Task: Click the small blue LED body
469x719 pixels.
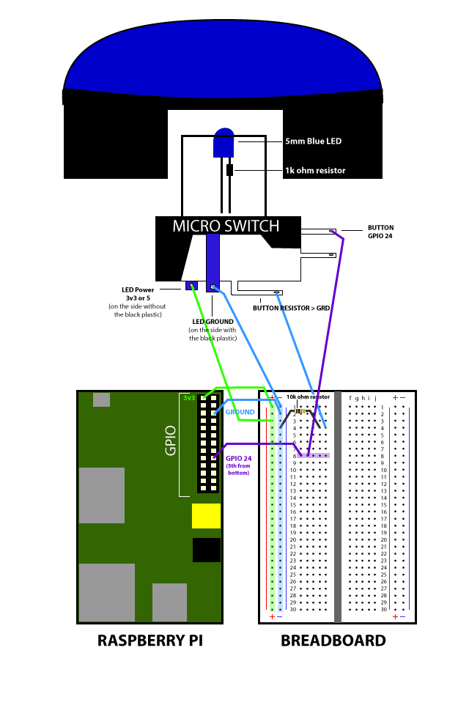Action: (x=224, y=144)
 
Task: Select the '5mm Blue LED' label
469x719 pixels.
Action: (x=313, y=141)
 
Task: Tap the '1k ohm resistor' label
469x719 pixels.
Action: (x=315, y=171)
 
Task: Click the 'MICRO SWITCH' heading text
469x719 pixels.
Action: (x=226, y=226)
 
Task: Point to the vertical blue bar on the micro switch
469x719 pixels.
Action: (x=213, y=260)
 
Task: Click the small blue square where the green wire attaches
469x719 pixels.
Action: (x=192, y=285)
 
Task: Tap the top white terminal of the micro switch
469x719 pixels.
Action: (x=317, y=232)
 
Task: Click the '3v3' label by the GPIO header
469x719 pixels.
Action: (x=189, y=398)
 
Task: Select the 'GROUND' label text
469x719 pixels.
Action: (x=240, y=413)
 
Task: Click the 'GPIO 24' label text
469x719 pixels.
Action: (x=238, y=459)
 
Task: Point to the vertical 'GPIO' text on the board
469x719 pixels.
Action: (x=171, y=440)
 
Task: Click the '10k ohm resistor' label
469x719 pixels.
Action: (x=309, y=397)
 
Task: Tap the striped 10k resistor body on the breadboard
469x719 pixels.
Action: (x=300, y=411)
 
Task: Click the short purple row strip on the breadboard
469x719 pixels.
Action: (x=313, y=456)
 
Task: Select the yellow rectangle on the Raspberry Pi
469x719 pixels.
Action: (x=206, y=516)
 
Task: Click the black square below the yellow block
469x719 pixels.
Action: (x=207, y=550)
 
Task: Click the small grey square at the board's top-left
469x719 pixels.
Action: (x=101, y=399)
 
